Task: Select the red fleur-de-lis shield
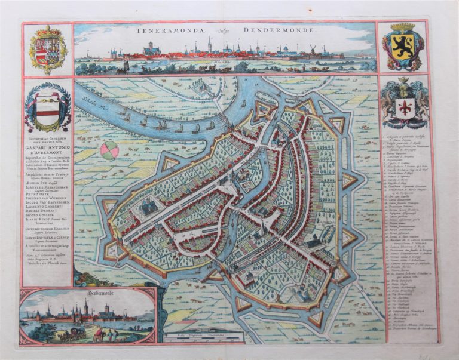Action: (x=404, y=107)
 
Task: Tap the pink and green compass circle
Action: (x=109, y=151)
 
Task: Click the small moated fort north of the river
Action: (x=202, y=88)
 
